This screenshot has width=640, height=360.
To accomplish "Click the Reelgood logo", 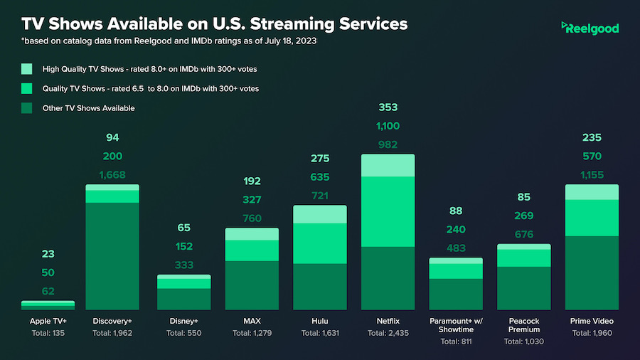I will pos(590,28).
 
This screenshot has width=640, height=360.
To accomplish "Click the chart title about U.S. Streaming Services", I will pos(215,23).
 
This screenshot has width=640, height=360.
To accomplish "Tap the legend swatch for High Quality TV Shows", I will pos(27,69).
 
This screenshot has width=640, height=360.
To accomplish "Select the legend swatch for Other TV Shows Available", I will pos(27,108).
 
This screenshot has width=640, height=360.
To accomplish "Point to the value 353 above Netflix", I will pos(388,107).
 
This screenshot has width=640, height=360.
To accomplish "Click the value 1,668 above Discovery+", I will pos(112,175).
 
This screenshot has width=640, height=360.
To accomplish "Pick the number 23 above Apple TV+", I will pos(48,254).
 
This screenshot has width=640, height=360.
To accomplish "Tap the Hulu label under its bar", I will pos(319,321).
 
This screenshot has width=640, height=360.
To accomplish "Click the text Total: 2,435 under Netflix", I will pos(388,333).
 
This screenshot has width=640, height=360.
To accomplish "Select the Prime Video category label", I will pos(592,321).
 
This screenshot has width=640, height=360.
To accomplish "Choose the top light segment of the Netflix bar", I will pos(388,165).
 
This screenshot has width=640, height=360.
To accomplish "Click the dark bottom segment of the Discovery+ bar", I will pos(112,256).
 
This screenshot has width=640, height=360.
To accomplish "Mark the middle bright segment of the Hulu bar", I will pos(319,243).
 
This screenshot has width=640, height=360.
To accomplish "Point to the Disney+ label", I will pos(183,321).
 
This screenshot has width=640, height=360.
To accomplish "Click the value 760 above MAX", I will pos(252,218).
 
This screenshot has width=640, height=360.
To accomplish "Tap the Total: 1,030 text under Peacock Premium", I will pos(524,342).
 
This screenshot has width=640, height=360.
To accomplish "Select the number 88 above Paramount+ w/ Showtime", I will pos(456,211).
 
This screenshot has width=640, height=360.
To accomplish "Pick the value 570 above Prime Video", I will pos(592,157).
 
